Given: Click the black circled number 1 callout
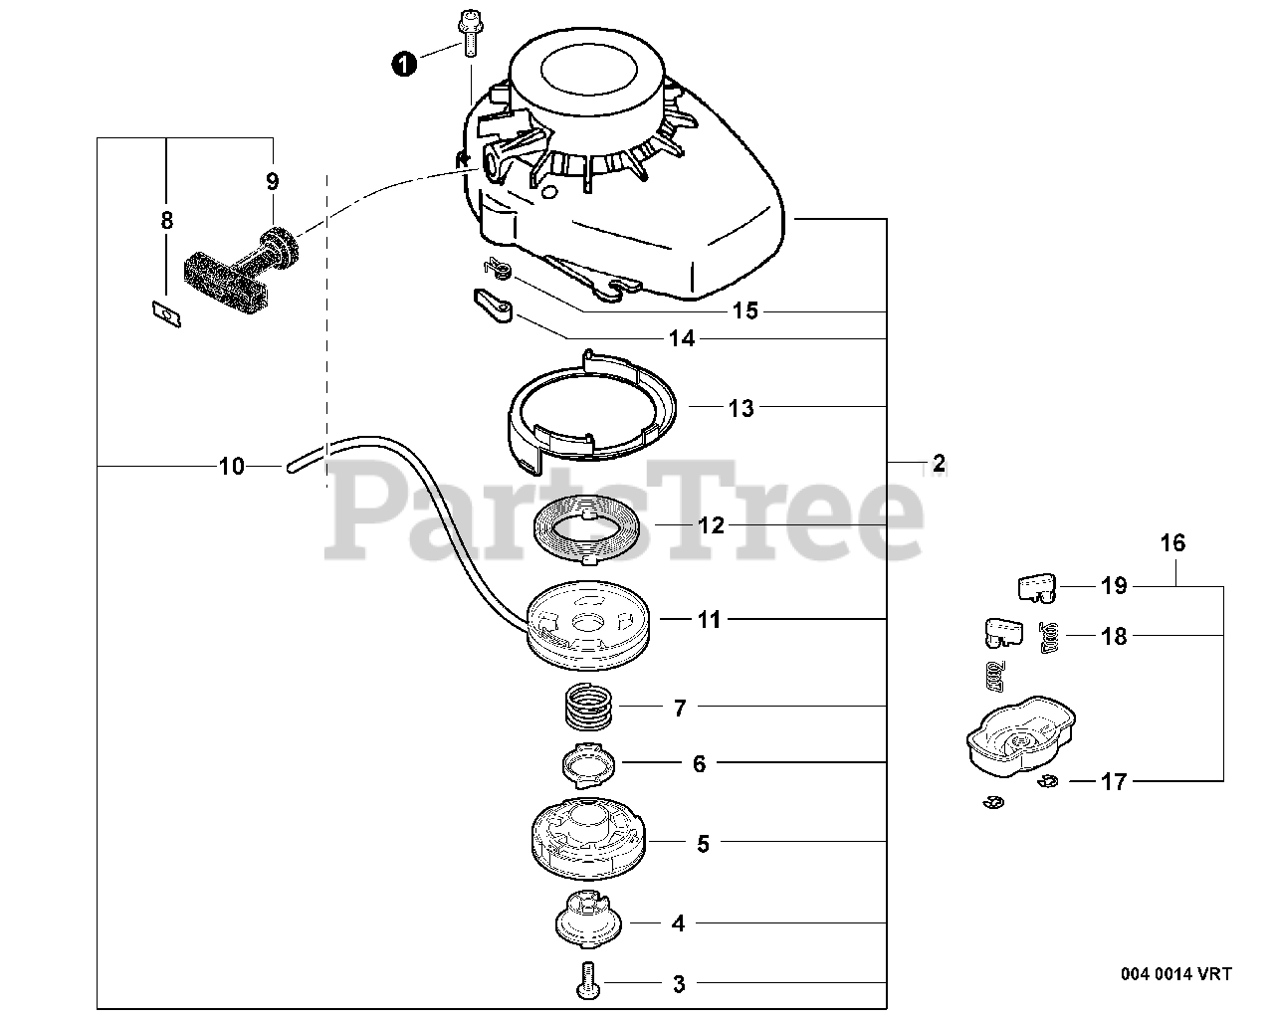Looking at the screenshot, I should pos(402,65).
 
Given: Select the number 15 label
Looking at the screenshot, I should pos(744,311).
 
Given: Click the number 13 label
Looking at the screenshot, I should pos(742,408).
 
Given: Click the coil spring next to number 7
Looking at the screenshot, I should pos(585,710).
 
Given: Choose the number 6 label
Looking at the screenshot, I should pos(699,763).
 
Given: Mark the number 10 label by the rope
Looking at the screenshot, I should pos(231,466).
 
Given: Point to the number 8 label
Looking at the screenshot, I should pos(166,220).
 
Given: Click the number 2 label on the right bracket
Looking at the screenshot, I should pos(938,463).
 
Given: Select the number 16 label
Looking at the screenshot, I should pos(1172,543).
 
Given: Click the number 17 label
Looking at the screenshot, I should pos(1115,782).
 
